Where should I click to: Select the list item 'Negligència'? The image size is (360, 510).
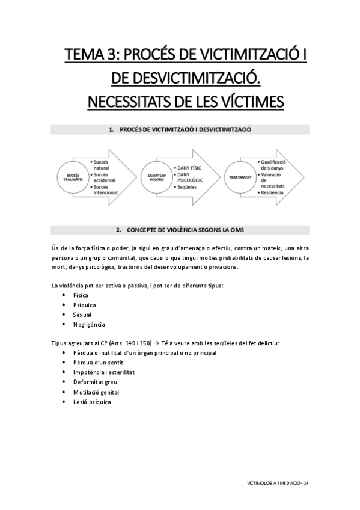click(x=89, y=324)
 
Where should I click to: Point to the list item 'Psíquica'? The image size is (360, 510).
click(x=84, y=305)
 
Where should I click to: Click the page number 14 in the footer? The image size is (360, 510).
click(x=306, y=483)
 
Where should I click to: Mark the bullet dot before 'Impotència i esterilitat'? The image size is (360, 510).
click(x=64, y=372)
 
